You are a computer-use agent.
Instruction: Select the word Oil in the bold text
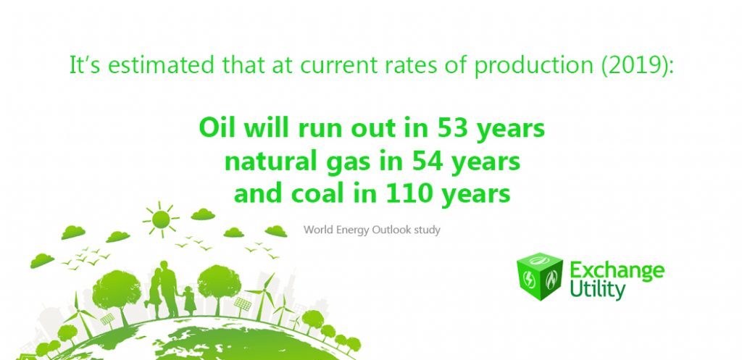tap(216, 127)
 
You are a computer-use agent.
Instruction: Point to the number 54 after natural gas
tap(428, 162)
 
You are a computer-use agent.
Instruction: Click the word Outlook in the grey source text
tap(392, 230)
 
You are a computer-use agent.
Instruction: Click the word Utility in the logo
tap(598, 289)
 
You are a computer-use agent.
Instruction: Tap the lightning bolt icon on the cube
tap(529, 280)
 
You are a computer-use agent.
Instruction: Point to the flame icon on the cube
tap(551, 279)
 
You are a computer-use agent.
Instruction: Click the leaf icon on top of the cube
tap(539, 260)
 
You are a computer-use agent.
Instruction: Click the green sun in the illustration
tap(161, 219)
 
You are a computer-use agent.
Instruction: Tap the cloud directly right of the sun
tap(203, 214)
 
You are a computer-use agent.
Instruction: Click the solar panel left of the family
tap(107, 319)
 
